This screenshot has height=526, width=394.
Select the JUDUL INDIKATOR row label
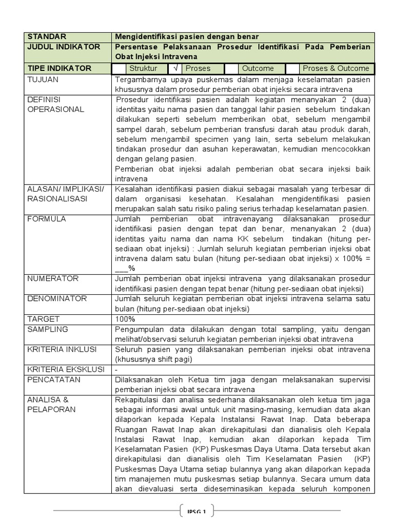(x=64, y=47)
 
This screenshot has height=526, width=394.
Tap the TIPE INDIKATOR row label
(x=59, y=68)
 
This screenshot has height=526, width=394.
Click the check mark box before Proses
(x=175, y=68)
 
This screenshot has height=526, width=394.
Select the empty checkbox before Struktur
(x=119, y=68)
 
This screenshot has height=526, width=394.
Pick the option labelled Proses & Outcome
(x=336, y=68)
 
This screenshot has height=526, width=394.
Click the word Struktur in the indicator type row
(x=143, y=68)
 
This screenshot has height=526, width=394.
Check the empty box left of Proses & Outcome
(x=292, y=68)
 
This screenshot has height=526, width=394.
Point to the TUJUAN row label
(x=43, y=80)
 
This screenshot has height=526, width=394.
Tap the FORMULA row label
(x=46, y=219)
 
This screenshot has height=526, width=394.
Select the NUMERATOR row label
(x=52, y=279)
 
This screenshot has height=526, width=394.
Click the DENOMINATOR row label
(x=56, y=299)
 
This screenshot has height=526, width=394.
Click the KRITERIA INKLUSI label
(x=62, y=349)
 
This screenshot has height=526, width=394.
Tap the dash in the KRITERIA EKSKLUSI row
(x=117, y=369)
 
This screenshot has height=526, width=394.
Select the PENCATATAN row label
(x=53, y=380)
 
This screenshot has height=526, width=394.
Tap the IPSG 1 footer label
(x=196, y=511)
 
